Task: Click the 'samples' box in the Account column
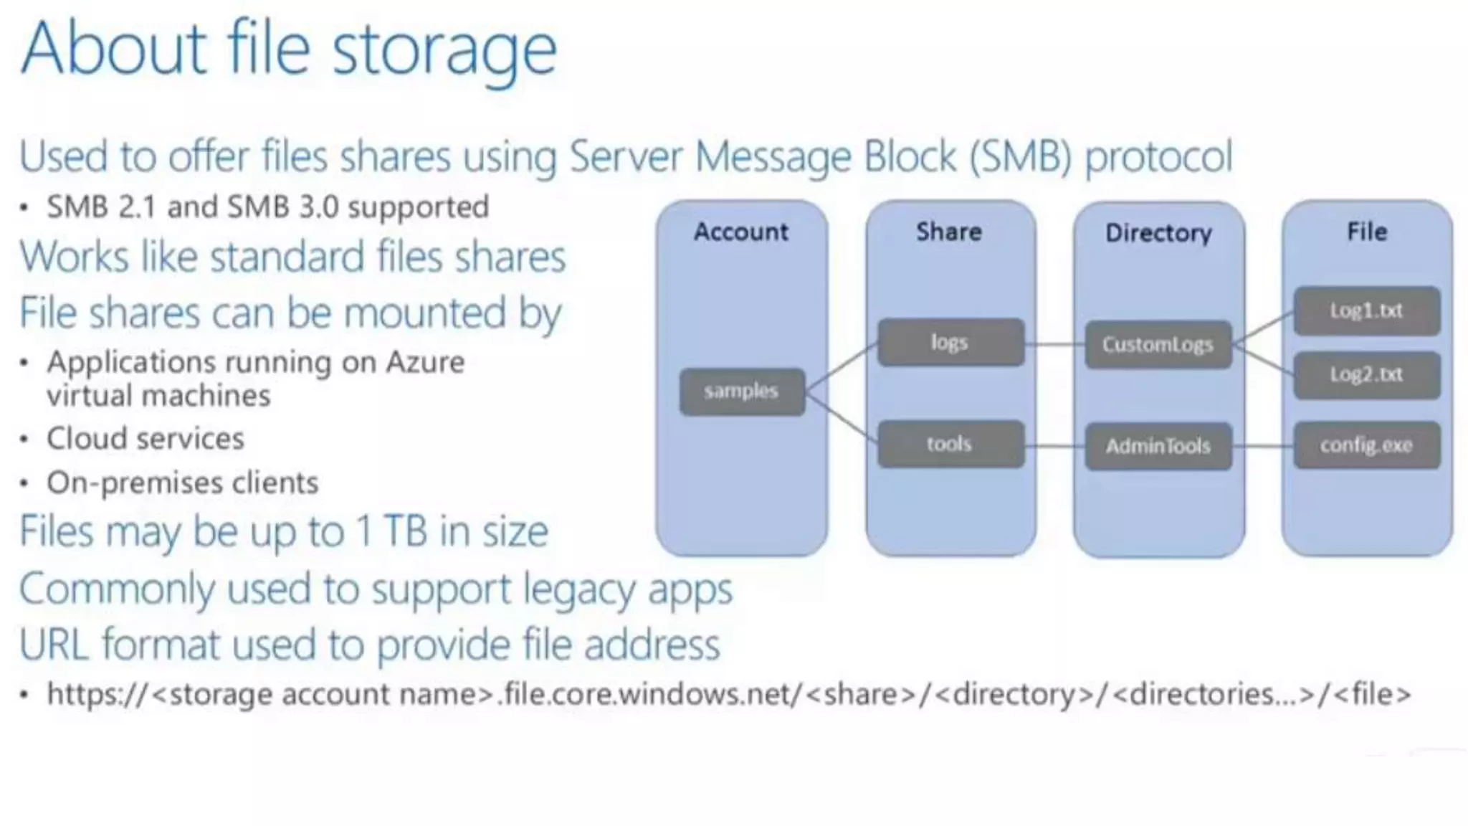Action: [x=742, y=391]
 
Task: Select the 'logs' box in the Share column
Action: [x=950, y=343]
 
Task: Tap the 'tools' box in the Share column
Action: [x=950, y=445]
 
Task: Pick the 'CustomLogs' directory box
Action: [x=1158, y=345]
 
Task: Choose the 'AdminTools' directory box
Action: [x=1158, y=447]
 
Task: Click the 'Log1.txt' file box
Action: [x=1366, y=311]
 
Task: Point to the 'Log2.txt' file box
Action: [x=1366, y=375]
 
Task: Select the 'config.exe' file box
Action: [x=1366, y=445]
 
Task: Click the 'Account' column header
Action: [x=741, y=232]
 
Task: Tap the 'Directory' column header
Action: [x=1158, y=233]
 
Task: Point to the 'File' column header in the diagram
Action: [x=1367, y=232]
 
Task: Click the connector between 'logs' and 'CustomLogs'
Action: [x=1054, y=345]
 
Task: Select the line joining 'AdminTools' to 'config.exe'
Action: [x=1263, y=446]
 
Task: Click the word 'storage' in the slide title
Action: [x=444, y=50]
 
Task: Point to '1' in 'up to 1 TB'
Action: [x=364, y=531]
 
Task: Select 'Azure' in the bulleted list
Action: [x=425, y=362]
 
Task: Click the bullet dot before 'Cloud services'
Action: [x=24, y=439]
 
